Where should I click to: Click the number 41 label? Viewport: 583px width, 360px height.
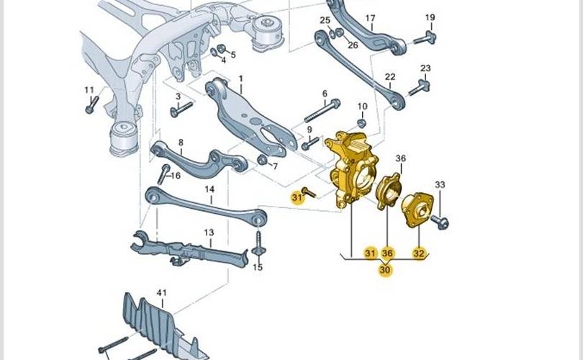click(x=161, y=293)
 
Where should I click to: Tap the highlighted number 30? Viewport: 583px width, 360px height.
click(x=385, y=270)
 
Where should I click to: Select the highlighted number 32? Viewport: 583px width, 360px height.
click(x=419, y=253)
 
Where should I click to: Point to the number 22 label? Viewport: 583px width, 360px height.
click(x=390, y=77)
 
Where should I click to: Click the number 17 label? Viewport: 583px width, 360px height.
click(x=370, y=18)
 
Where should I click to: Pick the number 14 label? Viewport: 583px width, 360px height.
click(x=209, y=191)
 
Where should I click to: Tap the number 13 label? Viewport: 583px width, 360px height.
click(x=209, y=233)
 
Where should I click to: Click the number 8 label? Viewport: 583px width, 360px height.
click(x=181, y=143)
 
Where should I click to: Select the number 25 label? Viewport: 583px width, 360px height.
click(x=325, y=19)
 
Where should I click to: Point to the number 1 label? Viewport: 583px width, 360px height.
click(x=240, y=78)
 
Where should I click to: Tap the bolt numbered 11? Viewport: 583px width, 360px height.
click(x=90, y=107)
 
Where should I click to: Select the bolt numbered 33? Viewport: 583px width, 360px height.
click(x=442, y=222)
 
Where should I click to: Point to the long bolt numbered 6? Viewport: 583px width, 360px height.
click(x=320, y=112)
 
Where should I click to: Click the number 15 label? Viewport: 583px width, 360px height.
click(x=258, y=267)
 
